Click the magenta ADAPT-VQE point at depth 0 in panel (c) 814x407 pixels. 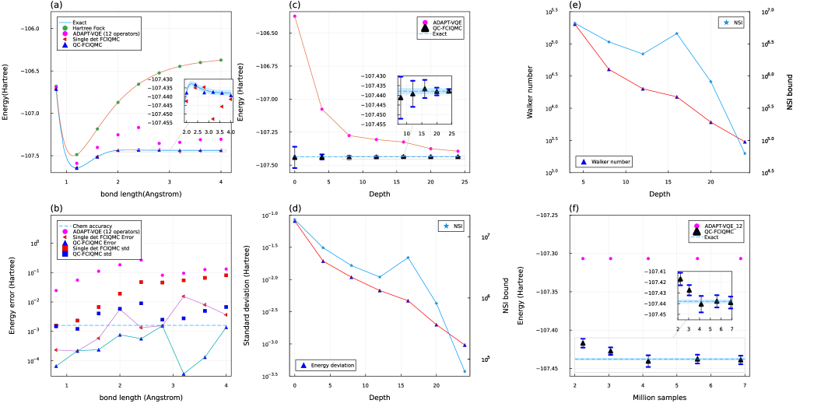(x=294, y=16)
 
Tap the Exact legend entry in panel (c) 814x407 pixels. (x=444, y=34)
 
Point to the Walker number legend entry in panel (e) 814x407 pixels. (x=606, y=161)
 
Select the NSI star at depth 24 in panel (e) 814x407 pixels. (x=744, y=153)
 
